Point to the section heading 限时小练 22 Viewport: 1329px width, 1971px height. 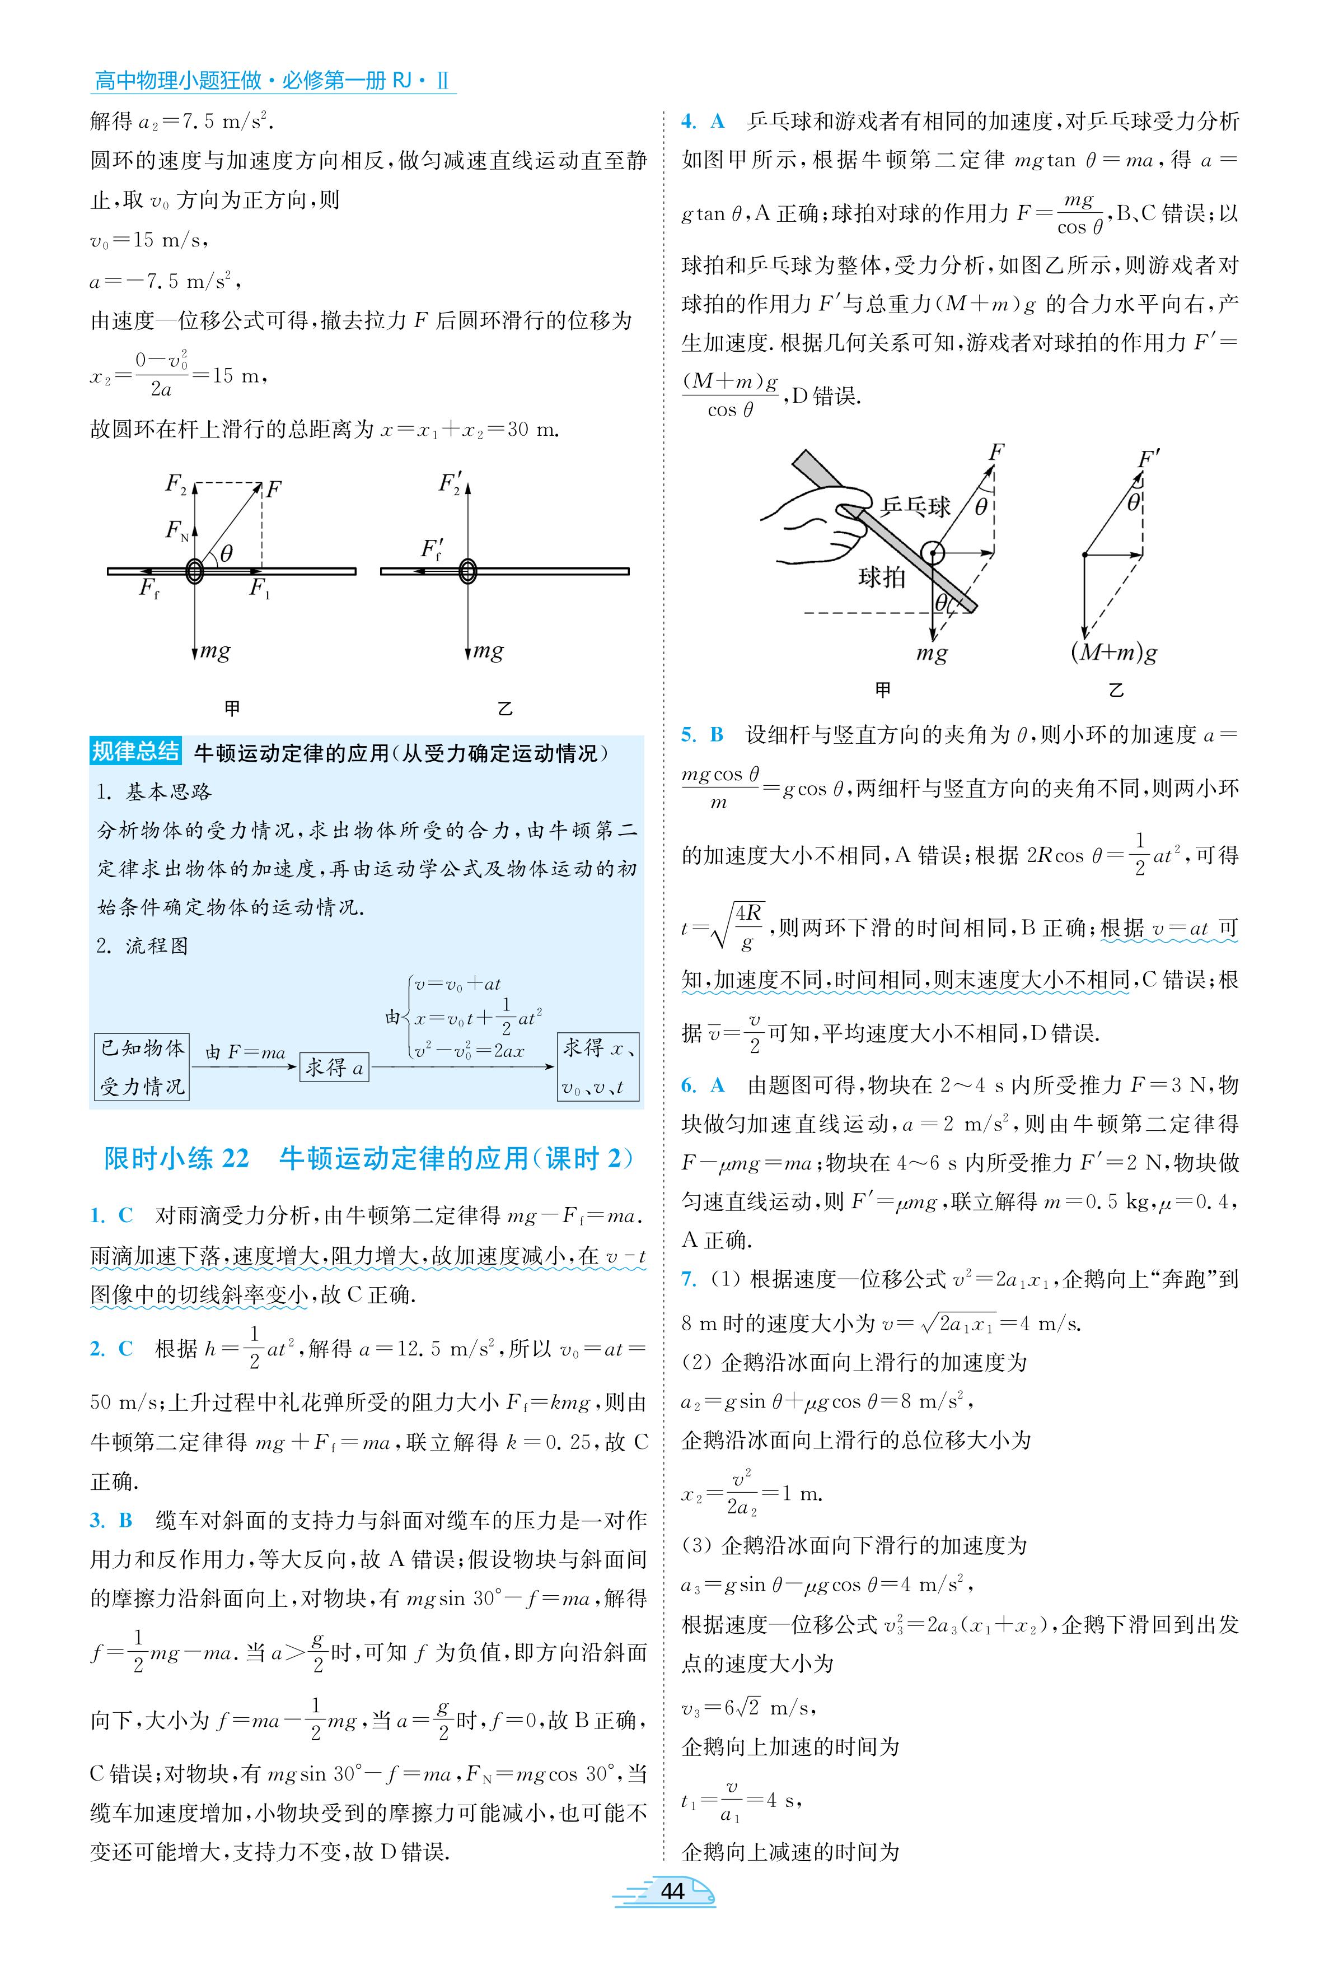[x=176, y=1158]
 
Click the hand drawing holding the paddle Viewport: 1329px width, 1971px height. [x=813, y=525]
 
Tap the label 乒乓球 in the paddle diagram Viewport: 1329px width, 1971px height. [x=915, y=507]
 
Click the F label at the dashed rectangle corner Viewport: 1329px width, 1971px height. [x=273, y=489]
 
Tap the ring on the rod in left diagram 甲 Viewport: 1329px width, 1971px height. [x=195, y=571]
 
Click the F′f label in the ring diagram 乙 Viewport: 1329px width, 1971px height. [x=432, y=549]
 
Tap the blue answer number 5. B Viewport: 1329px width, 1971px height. [x=703, y=735]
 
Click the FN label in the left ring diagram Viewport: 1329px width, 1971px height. [x=176, y=530]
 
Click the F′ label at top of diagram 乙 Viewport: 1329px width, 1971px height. [x=1149, y=459]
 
